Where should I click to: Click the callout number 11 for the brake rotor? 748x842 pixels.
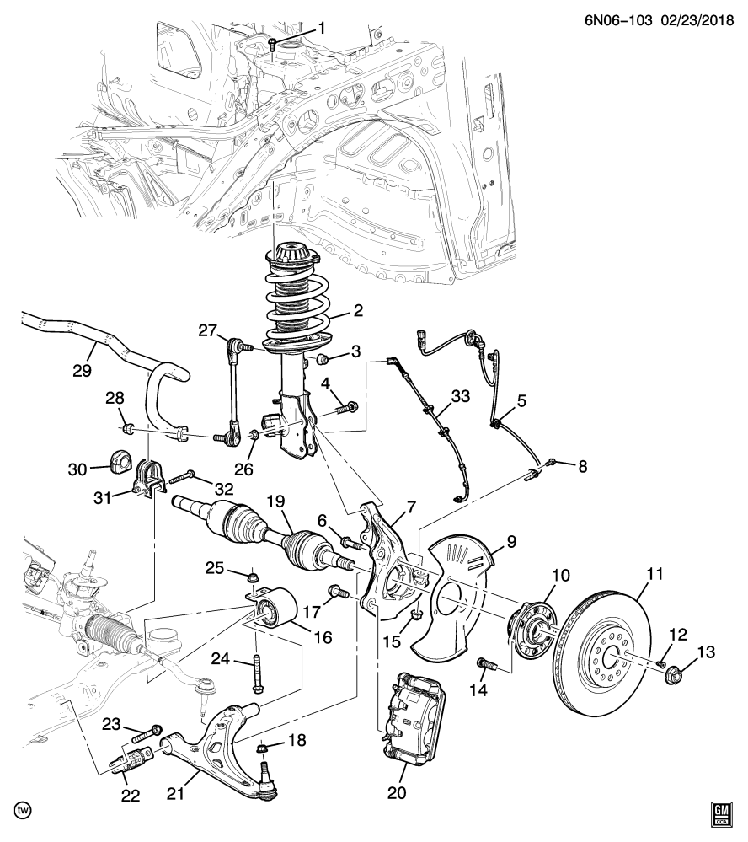click(654, 575)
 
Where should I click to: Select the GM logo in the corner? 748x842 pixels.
click(721, 814)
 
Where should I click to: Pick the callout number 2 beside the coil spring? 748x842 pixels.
click(357, 311)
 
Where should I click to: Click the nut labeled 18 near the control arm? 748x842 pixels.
click(263, 747)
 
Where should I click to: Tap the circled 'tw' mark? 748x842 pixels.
click(24, 811)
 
